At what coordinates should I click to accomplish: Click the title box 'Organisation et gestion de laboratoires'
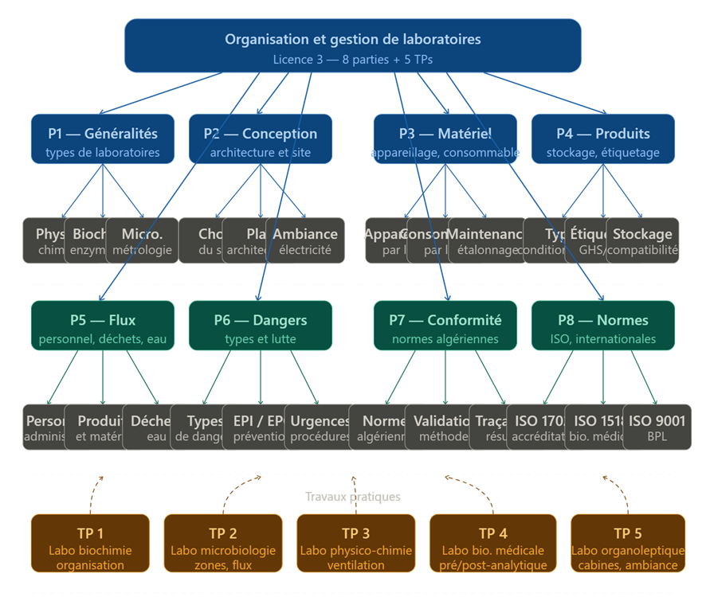(x=352, y=40)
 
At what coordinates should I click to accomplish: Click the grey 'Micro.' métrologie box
(x=143, y=240)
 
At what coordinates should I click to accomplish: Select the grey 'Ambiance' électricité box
(x=307, y=240)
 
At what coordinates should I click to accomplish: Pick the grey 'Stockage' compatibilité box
(x=643, y=240)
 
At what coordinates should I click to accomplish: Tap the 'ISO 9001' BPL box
(x=657, y=427)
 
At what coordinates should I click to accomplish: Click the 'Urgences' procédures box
(x=320, y=427)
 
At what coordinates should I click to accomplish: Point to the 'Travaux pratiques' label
(x=352, y=497)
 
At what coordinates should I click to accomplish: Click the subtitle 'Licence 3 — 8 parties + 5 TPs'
(x=352, y=59)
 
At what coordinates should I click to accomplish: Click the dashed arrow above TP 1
(x=93, y=494)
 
